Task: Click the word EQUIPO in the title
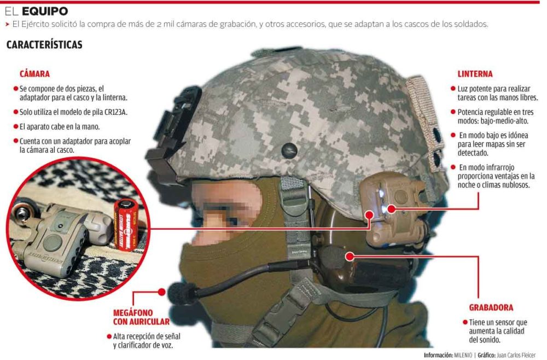[x=45, y=11]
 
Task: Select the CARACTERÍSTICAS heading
[x=44, y=45]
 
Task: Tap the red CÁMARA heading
[x=34, y=74]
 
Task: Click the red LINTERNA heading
[x=475, y=74]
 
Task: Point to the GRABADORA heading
[x=491, y=307]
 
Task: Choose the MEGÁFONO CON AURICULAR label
[x=141, y=317]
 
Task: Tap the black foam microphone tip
[x=182, y=293]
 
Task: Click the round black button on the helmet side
[x=289, y=150]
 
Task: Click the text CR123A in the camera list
[x=115, y=112]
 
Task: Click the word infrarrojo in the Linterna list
[x=497, y=167]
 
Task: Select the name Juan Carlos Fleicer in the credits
[x=516, y=355]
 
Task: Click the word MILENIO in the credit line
[x=463, y=355]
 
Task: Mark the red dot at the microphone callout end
[x=161, y=292]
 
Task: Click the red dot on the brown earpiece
[x=350, y=257]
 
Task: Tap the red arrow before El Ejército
[x=7, y=25]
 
